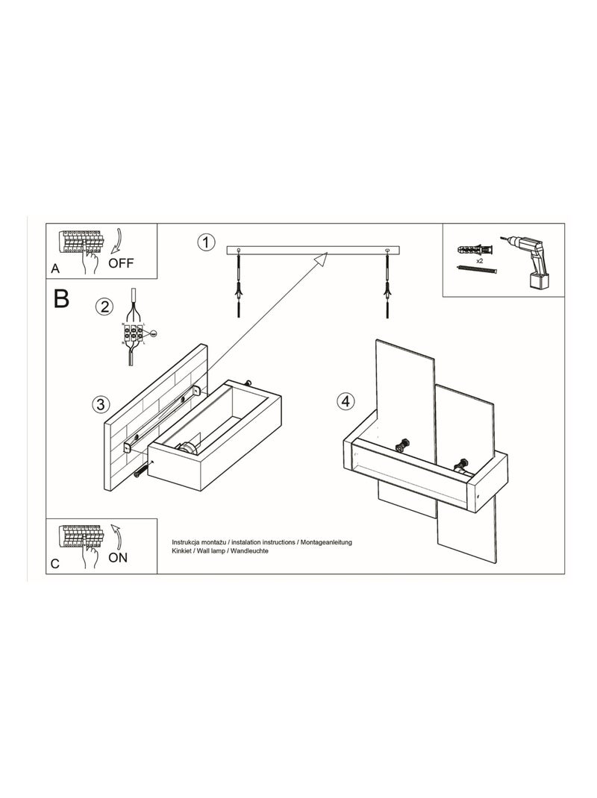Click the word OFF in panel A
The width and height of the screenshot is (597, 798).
click(121, 263)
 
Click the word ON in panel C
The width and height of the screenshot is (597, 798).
click(119, 556)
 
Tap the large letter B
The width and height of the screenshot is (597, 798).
click(61, 299)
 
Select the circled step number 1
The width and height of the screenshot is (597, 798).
click(206, 242)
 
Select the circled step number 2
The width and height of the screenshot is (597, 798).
click(105, 305)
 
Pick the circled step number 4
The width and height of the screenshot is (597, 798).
click(344, 401)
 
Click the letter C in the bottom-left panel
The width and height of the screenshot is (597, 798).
click(54, 564)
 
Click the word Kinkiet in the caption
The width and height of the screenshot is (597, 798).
click(184, 550)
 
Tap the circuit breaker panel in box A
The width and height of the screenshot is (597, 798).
click(81, 243)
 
